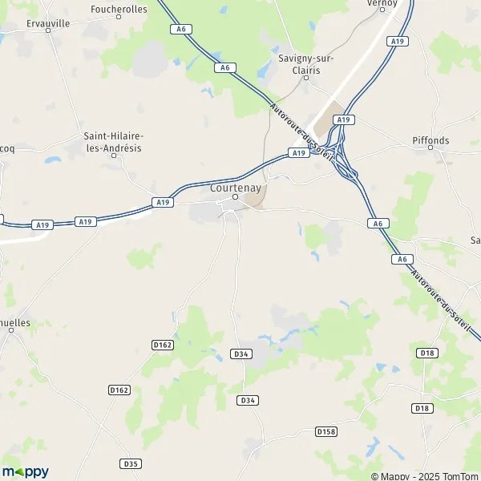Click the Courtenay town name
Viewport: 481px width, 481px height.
pos(235,187)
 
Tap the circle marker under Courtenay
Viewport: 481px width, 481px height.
pos(235,196)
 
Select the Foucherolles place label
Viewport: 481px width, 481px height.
pos(119,9)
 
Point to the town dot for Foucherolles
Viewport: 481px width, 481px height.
pos(119,17)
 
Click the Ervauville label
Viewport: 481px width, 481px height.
pos(48,24)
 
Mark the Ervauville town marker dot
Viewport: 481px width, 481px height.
pos(49,33)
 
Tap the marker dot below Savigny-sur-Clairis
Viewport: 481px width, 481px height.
pos(305,78)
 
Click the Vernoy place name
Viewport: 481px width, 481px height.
pos(382,3)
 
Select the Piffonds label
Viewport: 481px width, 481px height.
pos(430,140)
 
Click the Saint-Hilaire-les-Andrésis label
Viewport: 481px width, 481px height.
pos(113,142)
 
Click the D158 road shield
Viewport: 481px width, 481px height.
pos(325,431)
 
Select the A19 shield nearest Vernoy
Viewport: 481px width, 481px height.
pos(396,41)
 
